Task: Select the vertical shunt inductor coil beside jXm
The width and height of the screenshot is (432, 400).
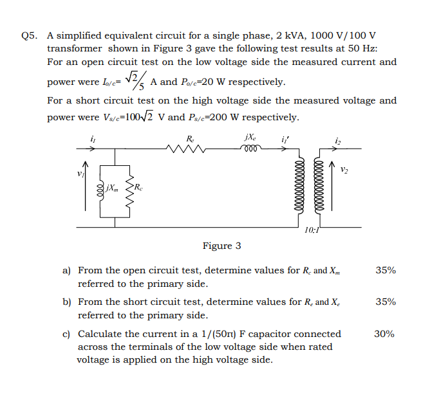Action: click(100, 189)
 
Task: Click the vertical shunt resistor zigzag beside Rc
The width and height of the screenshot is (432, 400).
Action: click(129, 189)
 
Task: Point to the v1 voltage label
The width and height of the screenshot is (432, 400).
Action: click(80, 174)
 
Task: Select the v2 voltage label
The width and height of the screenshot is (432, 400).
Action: click(345, 170)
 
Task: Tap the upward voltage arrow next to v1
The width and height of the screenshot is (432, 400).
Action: click(85, 186)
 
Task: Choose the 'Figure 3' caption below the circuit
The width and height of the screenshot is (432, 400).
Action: click(221, 246)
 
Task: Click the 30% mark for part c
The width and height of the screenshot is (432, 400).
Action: click(385, 334)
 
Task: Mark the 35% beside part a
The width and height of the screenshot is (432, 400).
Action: click(385, 271)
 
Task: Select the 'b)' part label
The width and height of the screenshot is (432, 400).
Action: click(66, 302)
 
